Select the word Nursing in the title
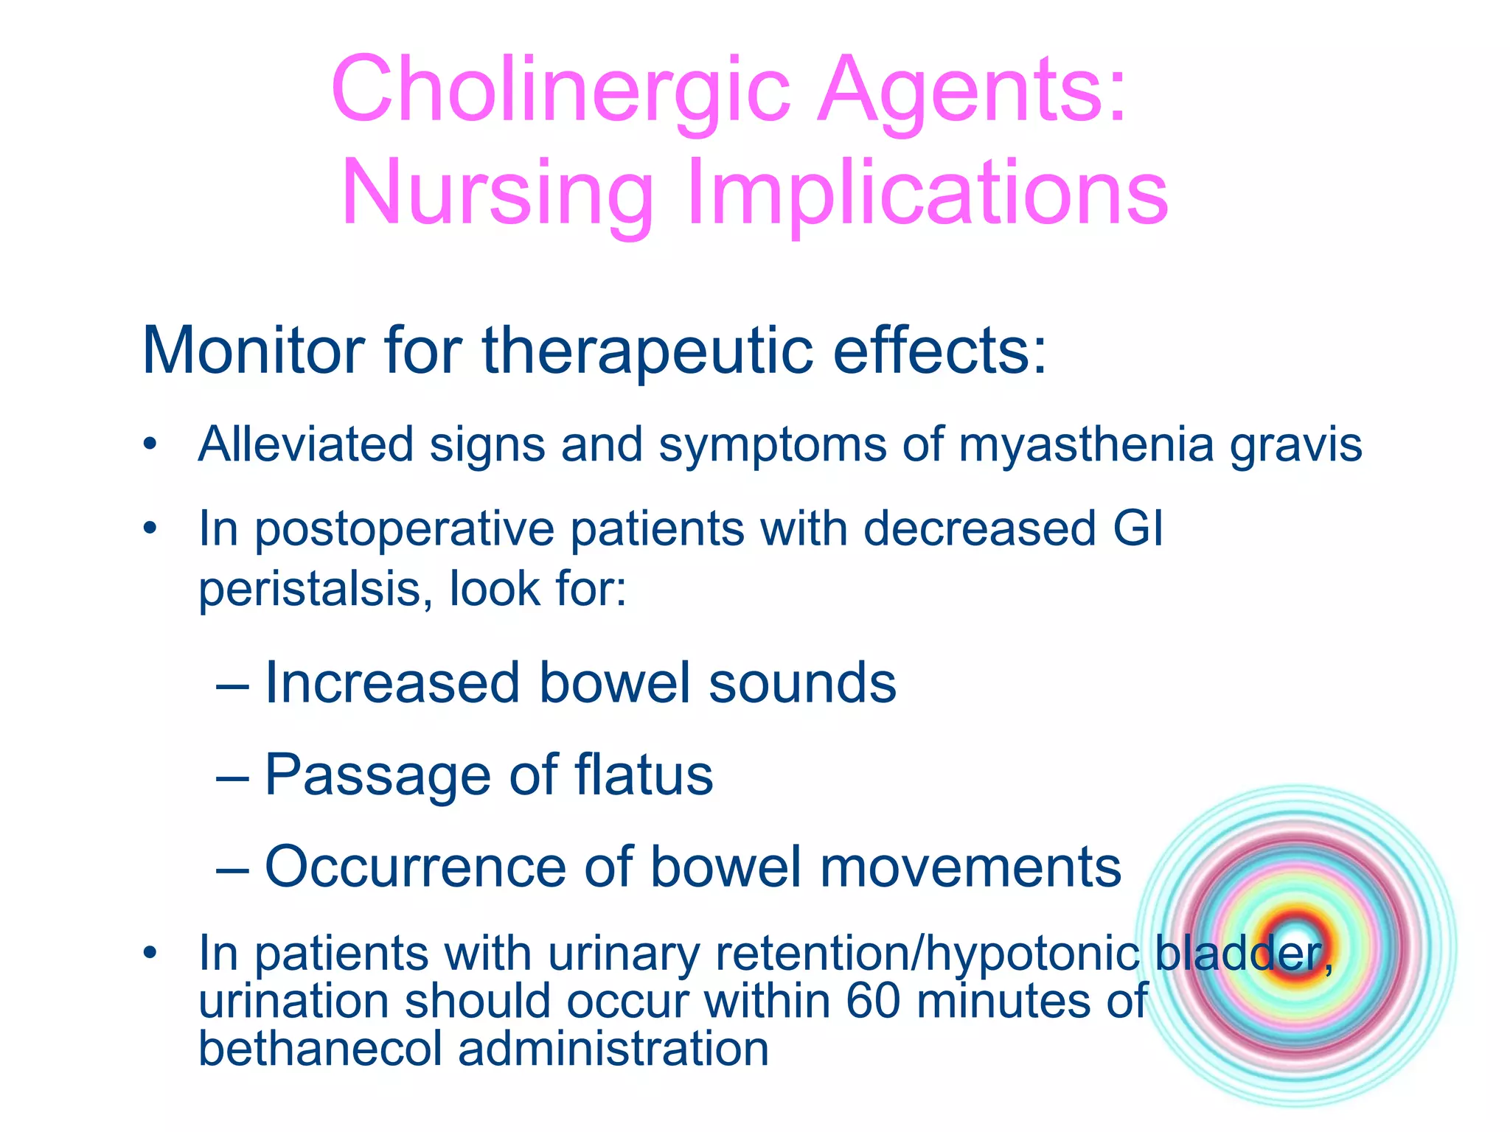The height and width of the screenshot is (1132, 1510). pyautogui.click(x=498, y=193)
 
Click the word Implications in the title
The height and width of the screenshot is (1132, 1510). pyautogui.click(x=927, y=193)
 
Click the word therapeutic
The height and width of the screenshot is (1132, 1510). pyautogui.click(x=648, y=351)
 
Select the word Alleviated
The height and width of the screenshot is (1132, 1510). pyautogui.click(x=305, y=444)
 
